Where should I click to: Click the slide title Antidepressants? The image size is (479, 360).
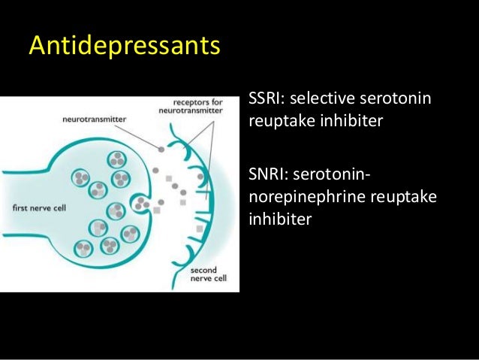pos(125,47)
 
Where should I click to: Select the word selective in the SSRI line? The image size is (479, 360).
pos(321,98)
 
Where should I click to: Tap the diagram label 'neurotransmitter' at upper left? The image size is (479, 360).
pos(95,119)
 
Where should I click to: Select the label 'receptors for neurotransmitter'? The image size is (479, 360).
pos(194,104)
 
